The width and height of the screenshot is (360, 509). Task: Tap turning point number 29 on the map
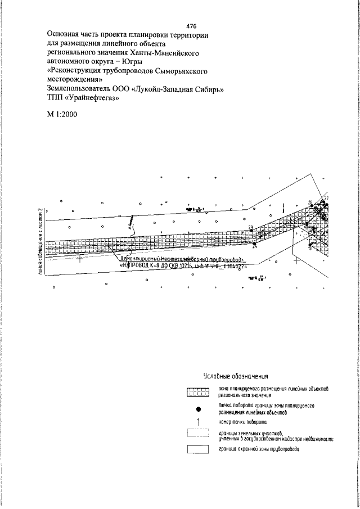pyautogui.click(x=251, y=227)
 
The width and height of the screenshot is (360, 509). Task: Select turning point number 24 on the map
pyautogui.click(x=255, y=246)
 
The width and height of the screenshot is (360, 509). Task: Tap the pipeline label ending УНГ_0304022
pyautogui.click(x=183, y=267)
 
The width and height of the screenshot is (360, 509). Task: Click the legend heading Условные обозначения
pyautogui.click(x=235, y=376)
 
